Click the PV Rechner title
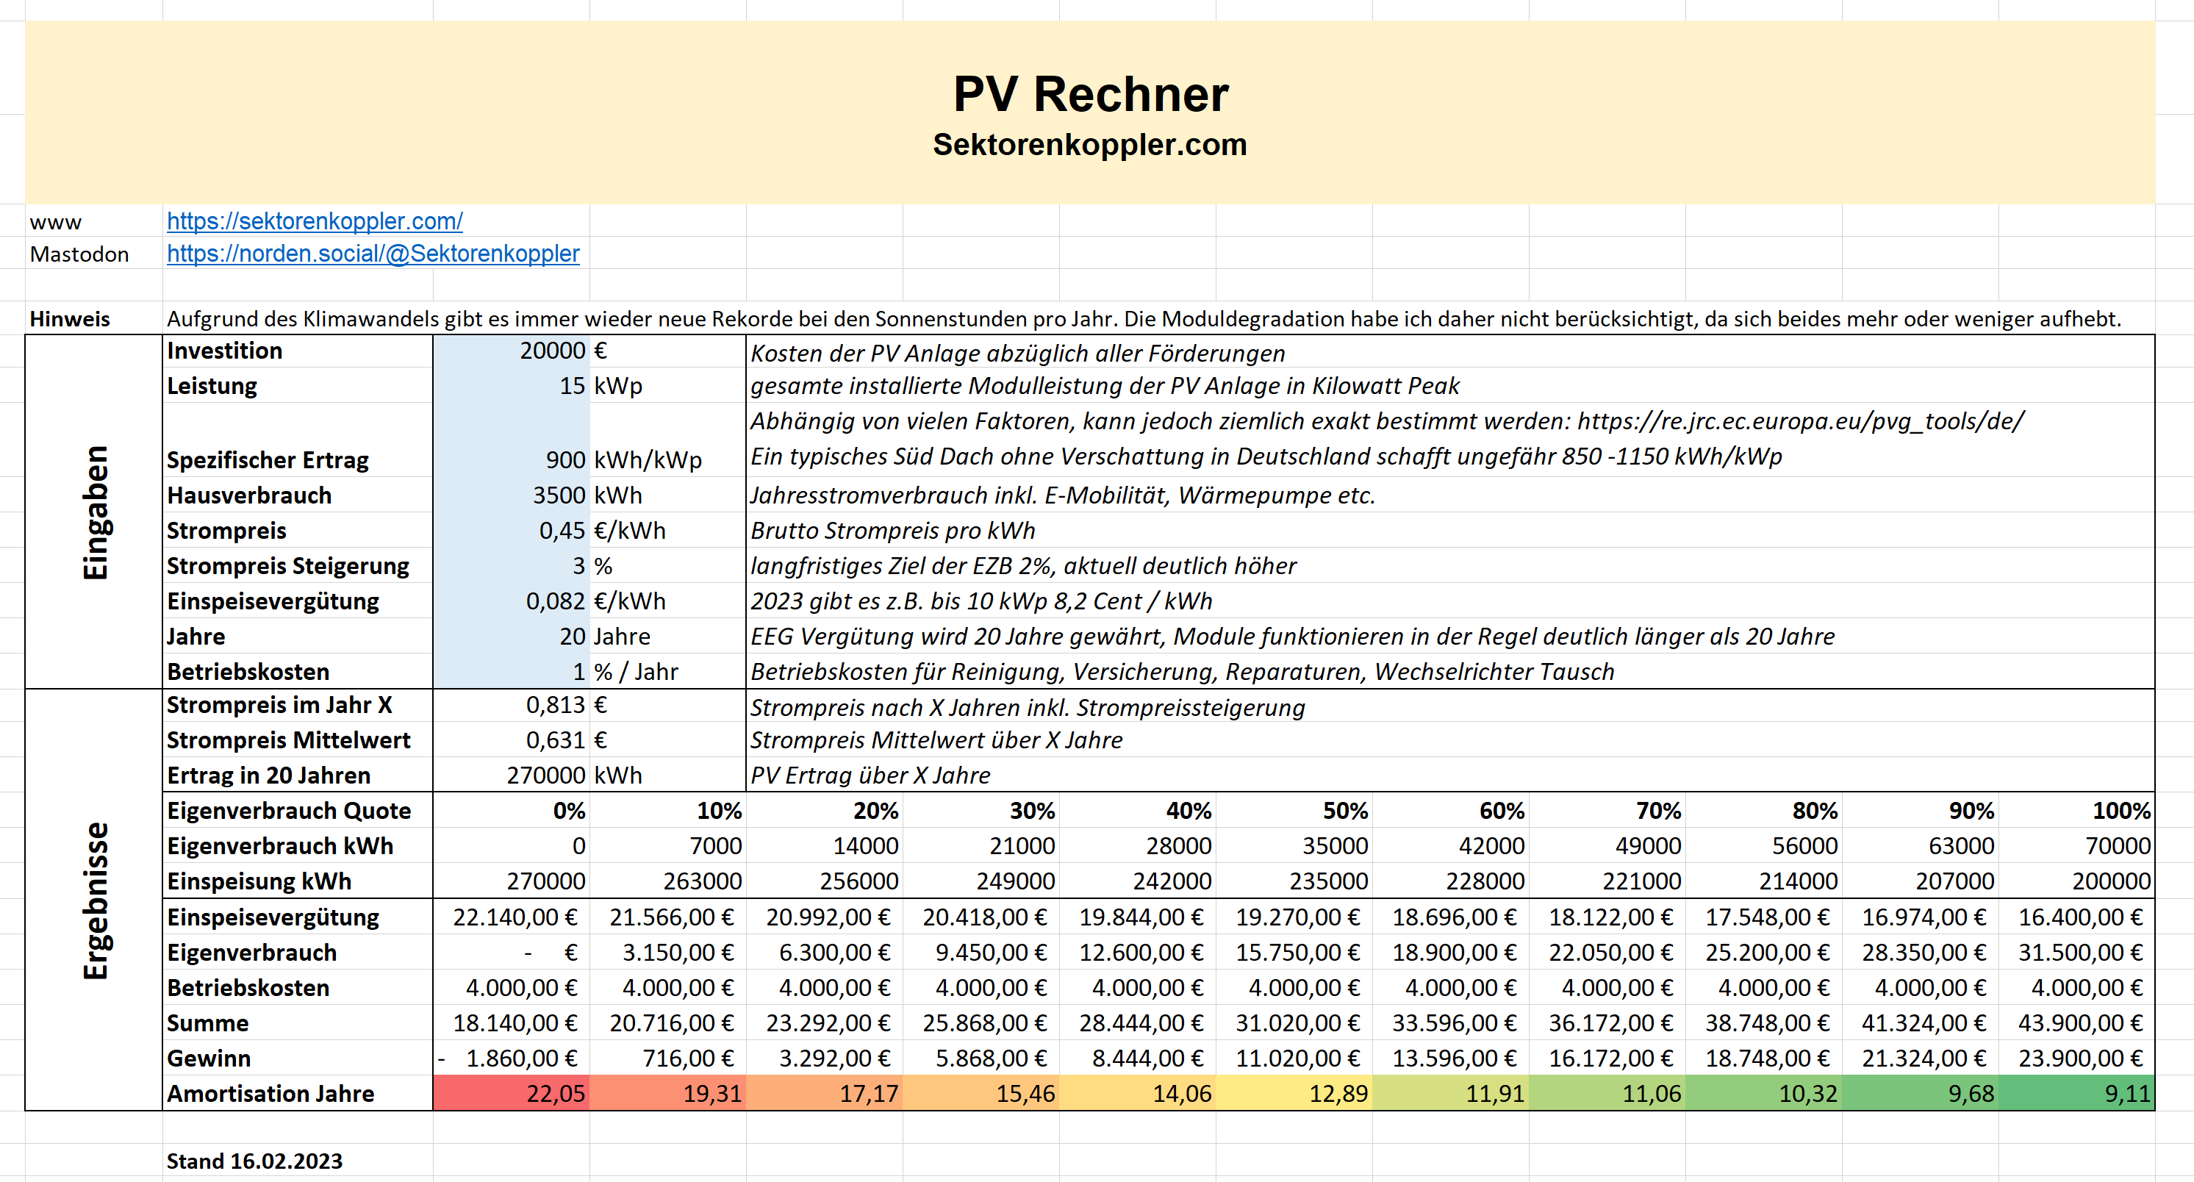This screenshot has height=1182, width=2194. tap(1090, 93)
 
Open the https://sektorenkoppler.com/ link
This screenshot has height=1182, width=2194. tap(315, 221)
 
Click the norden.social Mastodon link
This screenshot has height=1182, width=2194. tap(373, 254)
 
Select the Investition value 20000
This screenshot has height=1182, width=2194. tap(553, 351)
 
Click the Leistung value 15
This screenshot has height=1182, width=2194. tap(572, 386)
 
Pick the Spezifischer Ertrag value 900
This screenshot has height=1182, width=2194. tap(565, 460)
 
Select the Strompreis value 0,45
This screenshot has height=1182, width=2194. tap(562, 531)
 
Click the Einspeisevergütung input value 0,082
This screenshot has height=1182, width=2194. tap(556, 601)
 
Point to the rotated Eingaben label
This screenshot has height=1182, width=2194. tap(96, 512)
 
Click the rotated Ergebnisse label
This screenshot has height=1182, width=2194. tap(96, 900)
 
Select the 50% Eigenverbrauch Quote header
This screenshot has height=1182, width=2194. tap(1345, 811)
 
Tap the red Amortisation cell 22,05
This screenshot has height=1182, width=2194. tap(556, 1094)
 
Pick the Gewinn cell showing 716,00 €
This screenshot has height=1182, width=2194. tap(687, 1059)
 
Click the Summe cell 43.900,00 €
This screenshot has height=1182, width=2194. tap(2080, 1022)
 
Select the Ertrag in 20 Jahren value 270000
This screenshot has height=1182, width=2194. tap(546, 776)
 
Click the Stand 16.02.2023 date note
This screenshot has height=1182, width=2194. tap(254, 1161)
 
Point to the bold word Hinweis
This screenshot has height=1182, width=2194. tap(70, 319)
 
